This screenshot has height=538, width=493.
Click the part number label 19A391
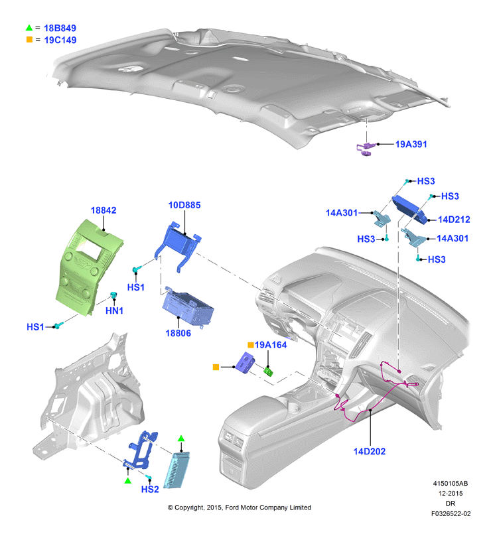pyautogui.click(x=411, y=144)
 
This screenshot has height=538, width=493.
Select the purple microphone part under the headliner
pyautogui.click(x=365, y=149)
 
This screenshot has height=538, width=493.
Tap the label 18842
pyautogui.click(x=104, y=210)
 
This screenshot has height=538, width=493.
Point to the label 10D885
pyautogui.click(x=184, y=205)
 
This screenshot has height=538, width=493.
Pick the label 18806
pyautogui.click(x=178, y=333)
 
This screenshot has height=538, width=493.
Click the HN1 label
pyautogui.click(x=114, y=310)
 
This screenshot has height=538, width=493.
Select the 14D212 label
pyautogui.click(x=454, y=220)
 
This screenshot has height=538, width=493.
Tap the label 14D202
pyautogui.click(x=370, y=452)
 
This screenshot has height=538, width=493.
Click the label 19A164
pyautogui.click(x=271, y=345)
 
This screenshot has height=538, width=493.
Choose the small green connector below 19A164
pyautogui.click(x=268, y=371)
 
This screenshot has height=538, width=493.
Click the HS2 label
pyautogui.click(x=150, y=490)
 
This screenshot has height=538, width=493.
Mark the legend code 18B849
pyautogui.click(x=60, y=28)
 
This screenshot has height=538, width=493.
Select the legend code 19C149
pyautogui.click(x=60, y=40)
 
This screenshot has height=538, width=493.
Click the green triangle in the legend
pyautogui.click(x=29, y=28)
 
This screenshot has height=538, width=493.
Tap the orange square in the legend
pyautogui.click(x=29, y=40)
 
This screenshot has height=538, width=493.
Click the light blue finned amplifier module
pyautogui.click(x=176, y=470)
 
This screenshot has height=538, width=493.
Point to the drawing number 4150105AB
pyautogui.click(x=451, y=484)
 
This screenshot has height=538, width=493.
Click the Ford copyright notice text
pyautogui.click(x=240, y=507)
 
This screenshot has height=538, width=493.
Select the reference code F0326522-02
pyautogui.click(x=451, y=513)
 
